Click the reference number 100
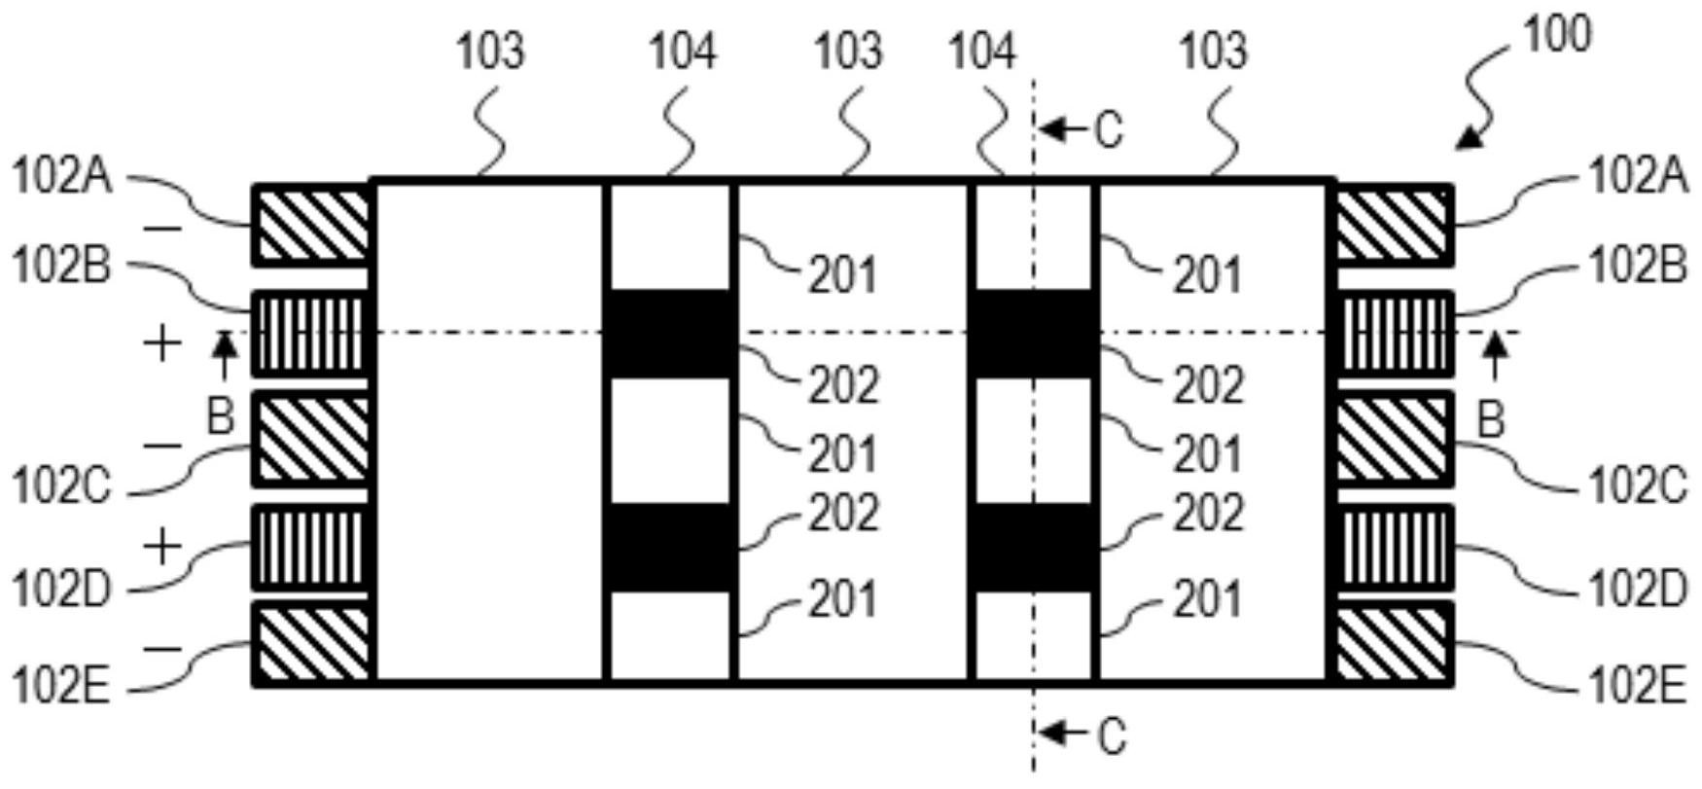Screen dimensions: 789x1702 click(x=1556, y=36)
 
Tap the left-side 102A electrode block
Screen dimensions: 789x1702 click(x=311, y=225)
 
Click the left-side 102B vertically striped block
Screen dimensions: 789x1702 click(x=311, y=334)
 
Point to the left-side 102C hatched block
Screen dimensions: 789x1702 click(x=311, y=439)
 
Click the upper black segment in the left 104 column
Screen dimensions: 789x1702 click(x=669, y=334)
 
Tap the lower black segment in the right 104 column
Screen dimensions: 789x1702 click(x=1035, y=547)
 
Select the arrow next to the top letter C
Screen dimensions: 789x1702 click(x=1062, y=127)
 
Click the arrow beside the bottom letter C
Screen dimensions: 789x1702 click(x=1062, y=732)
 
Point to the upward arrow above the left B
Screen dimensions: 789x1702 click(x=225, y=355)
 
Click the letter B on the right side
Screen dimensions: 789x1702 click(x=1490, y=420)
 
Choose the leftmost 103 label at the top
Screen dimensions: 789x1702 click(x=490, y=51)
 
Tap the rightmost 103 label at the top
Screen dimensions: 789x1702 click(x=1212, y=51)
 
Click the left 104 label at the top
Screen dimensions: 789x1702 click(x=683, y=51)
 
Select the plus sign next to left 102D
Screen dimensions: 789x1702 click(x=163, y=547)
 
